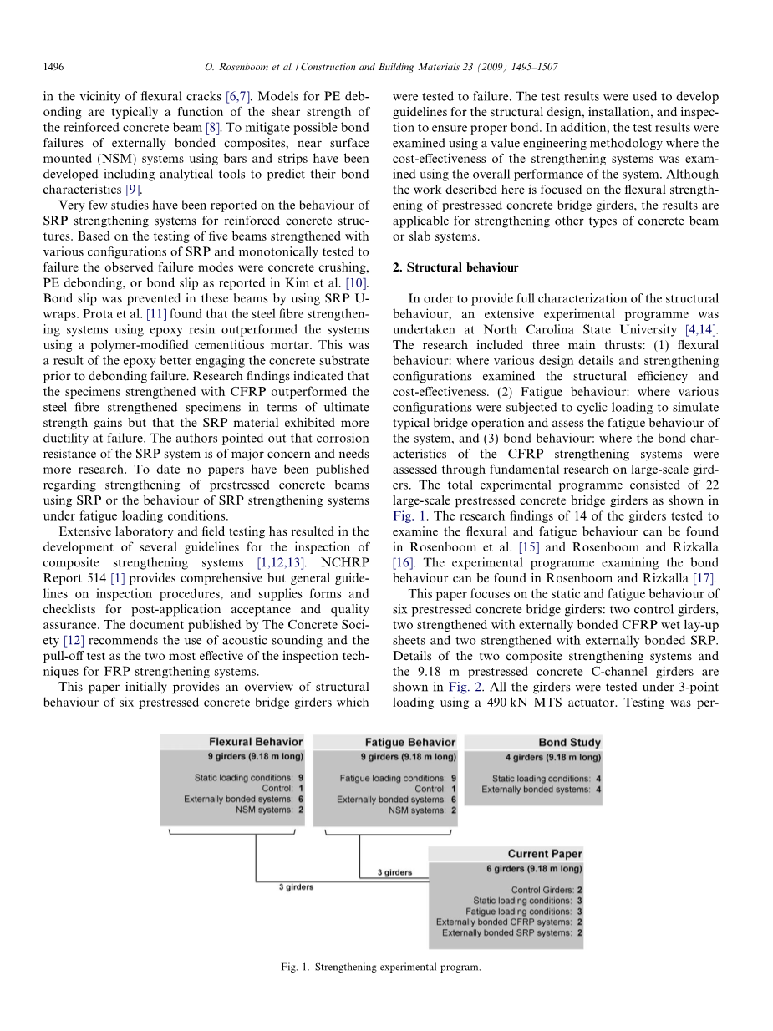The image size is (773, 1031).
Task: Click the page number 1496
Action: click(53, 66)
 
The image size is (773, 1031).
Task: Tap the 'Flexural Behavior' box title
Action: click(256, 742)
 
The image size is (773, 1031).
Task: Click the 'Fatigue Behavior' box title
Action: click(410, 742)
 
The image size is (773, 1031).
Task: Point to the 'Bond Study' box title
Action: click(569, 742)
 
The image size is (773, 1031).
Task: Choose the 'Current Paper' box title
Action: click(545, 854)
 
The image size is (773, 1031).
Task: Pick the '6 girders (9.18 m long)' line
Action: click(534, 869)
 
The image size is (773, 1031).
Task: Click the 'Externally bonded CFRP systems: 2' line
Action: click(509, 922)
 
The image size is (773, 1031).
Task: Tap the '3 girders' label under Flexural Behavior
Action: click(296, 887)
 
